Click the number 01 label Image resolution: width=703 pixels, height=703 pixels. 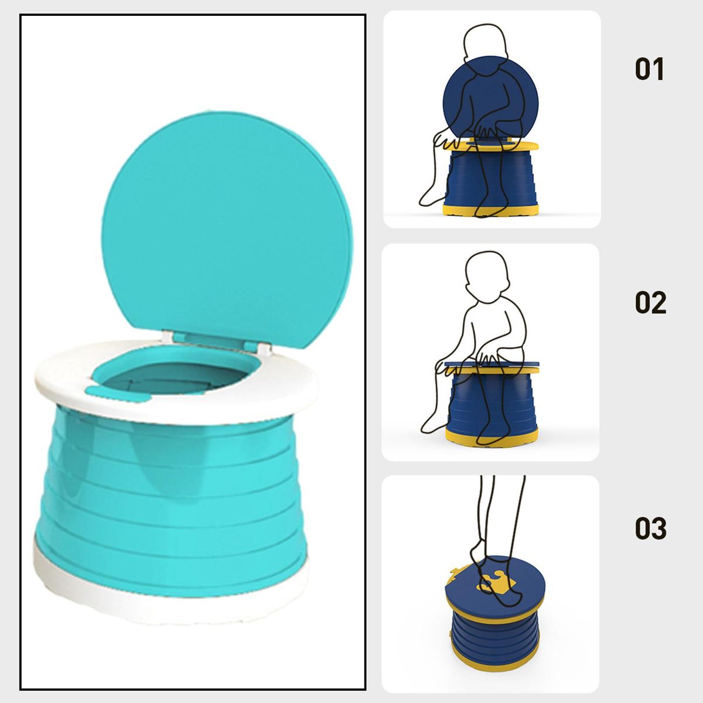click(649, 69)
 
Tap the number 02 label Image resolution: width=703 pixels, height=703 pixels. click(650, 302)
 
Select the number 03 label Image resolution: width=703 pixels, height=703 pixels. click(650, 528)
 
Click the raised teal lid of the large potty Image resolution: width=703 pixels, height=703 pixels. click(227, 230)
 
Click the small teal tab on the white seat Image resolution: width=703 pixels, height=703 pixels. click(118, 394)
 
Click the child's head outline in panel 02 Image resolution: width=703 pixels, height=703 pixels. click(487, 277)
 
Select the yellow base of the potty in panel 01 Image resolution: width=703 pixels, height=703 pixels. click(491, 210)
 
